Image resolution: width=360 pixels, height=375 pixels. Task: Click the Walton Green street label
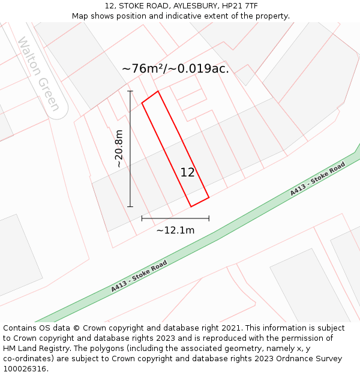click(x=39, y=74)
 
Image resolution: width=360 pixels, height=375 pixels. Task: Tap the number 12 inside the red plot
click(x=187, y=173)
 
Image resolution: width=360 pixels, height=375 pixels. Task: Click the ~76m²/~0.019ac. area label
click(x=175, y=69)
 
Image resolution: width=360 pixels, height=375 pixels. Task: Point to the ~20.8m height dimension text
click(x=119, y=148)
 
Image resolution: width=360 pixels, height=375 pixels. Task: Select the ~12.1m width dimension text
click(x=175, y=230)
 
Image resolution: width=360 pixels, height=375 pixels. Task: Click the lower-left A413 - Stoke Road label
click(x=139, y=277)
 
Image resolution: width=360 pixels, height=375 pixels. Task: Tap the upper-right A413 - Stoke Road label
click(x=318, y=179)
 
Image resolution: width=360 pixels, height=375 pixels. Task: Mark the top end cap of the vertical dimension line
click(x=130, y=91)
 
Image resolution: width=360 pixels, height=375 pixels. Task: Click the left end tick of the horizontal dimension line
click(x=142, y=218)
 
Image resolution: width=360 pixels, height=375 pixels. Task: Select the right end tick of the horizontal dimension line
click(x=209, y=218)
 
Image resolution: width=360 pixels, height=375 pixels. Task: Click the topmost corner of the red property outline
click(x=158, y=91)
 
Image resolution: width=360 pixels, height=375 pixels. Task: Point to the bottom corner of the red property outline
click(x=191, y=206)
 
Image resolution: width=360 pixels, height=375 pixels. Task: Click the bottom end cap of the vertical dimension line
click(x=130, y=206)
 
